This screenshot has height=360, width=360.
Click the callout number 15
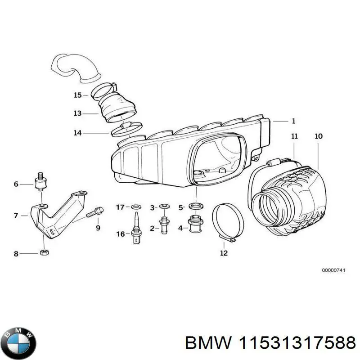(x=78, y=95)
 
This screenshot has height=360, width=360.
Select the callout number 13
(x=78, y=113)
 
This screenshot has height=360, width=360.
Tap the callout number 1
(x=293, y=121)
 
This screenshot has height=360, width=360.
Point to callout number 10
(x=319, y=135)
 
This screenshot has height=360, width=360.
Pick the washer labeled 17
(x=135, y=207)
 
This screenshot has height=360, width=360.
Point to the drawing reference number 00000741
(x=333, y=270)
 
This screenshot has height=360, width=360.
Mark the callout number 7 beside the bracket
(x=16, y=216)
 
